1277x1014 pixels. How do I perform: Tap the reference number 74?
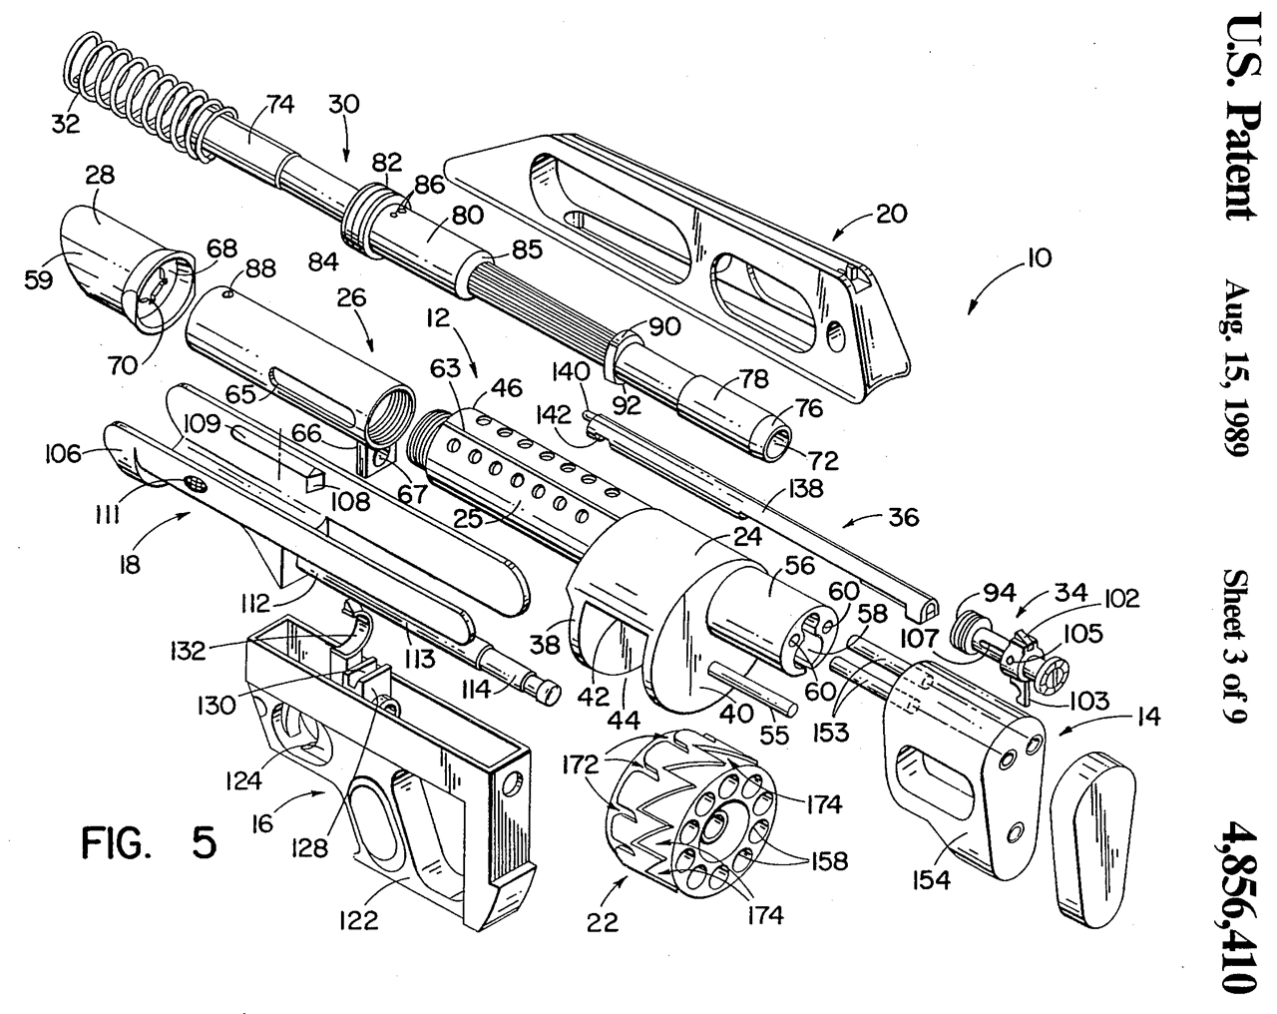(x=280, y=105)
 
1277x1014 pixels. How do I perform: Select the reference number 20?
(x=892, y=214)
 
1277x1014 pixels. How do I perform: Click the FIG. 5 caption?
(x=149, y=843)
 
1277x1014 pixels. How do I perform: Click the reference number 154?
(x=932, y=879)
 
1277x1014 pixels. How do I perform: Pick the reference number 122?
(x=359, y=920)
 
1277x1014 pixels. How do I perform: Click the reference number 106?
(x=63, y=454)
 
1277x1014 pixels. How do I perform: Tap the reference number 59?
(x=39, y=279)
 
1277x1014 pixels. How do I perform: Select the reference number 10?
(x=1039, y=257)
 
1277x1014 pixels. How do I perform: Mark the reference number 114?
(x=477, y=690)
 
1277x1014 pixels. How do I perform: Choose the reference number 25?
(x=468, y=519)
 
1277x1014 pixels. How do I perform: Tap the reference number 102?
(x=1122, y=599)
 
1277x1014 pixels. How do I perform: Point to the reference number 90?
(x=665, y=326)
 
